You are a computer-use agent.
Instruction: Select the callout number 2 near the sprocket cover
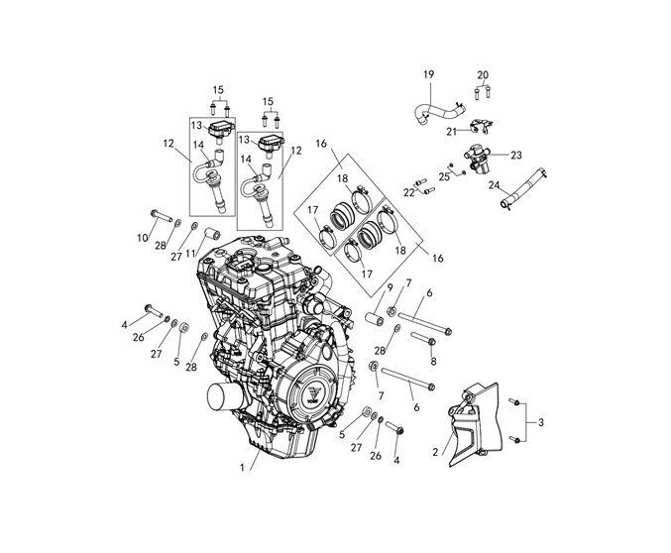(x=434, y=452)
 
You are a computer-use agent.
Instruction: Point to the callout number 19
(x=429, y=75)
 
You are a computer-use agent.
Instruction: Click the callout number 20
(x=483, y=75)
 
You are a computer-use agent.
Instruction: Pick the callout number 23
(x=516, y=156)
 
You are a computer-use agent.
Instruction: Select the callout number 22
(x=408, y=192)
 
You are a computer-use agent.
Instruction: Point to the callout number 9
(x=390, y=288)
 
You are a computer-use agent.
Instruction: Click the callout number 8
(x=432, y=362)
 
